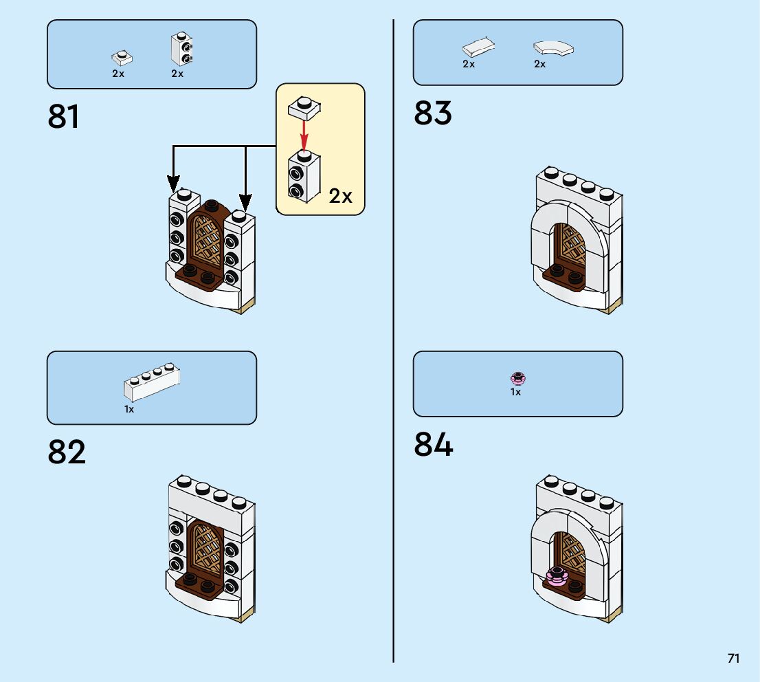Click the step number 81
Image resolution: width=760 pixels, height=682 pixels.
63,116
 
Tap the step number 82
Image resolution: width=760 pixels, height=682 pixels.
67,452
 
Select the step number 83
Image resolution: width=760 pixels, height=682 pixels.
433,113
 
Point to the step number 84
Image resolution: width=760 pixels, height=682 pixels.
434,444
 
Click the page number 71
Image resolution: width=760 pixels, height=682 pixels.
733,658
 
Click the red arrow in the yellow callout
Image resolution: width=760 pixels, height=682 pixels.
304,135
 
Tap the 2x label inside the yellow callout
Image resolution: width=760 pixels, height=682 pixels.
340,196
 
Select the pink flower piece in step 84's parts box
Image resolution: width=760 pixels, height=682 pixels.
517,378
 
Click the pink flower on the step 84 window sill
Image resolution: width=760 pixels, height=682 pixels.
557,576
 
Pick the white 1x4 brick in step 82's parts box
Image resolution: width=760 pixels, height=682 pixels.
152,382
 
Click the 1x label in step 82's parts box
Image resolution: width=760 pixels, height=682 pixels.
129,409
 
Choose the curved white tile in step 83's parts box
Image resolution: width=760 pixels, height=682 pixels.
554,49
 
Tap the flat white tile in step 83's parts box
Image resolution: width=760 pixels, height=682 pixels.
478,47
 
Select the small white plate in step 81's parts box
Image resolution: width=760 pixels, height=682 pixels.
122,58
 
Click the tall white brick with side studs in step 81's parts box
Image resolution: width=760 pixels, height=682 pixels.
182,49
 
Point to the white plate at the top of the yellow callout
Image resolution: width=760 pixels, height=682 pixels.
304,108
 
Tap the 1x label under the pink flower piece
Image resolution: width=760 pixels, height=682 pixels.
515,392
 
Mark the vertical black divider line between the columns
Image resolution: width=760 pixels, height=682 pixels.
394,341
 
